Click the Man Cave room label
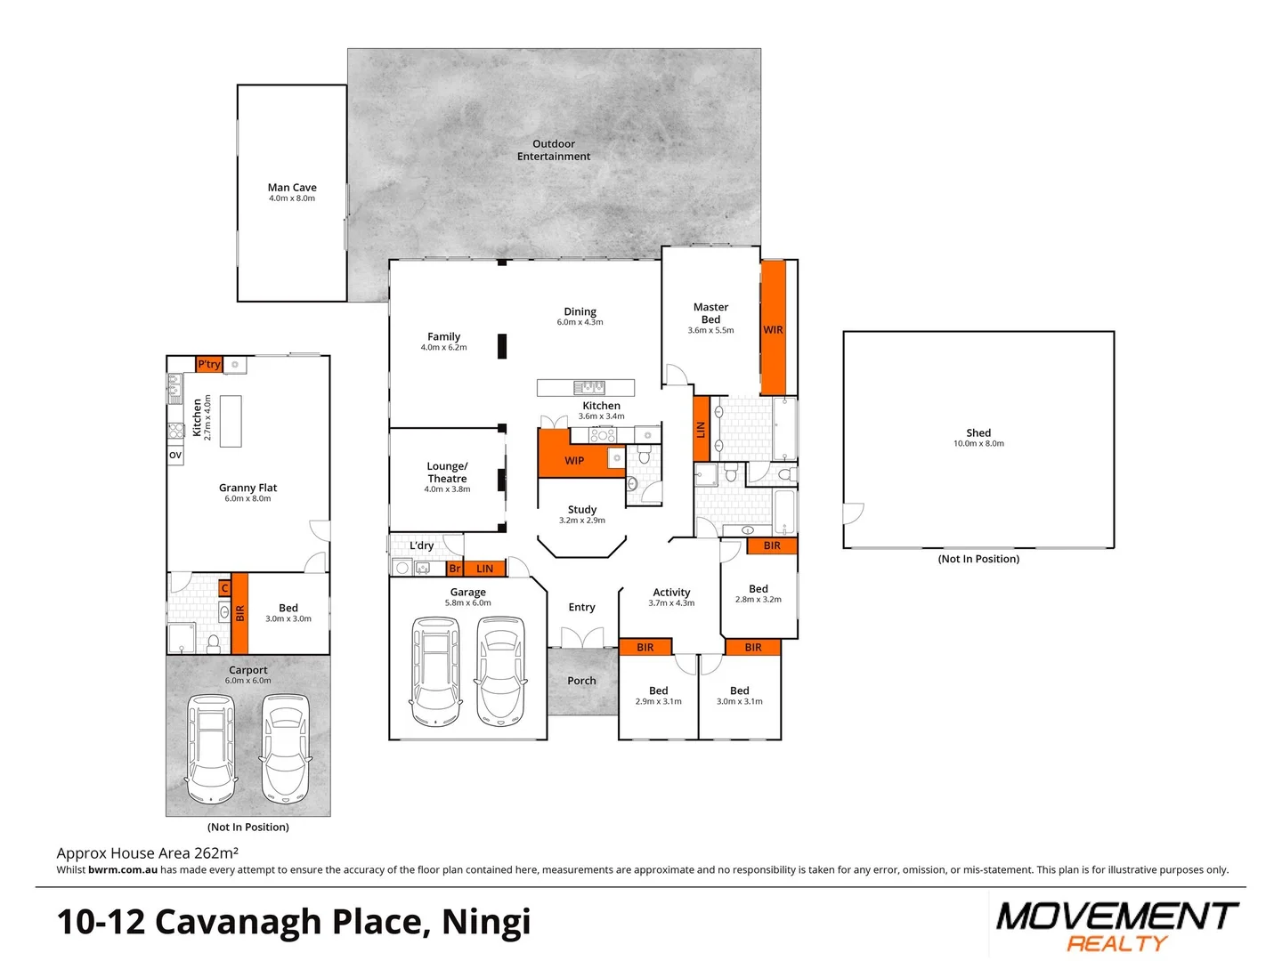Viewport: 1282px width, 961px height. click(292, 188)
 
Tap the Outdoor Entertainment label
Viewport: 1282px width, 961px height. click(553, 149)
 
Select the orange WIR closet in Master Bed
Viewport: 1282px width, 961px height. click(773, 328)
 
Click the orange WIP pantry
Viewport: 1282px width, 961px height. click(573, 460)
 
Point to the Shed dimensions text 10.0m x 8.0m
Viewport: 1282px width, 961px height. click(978, 444)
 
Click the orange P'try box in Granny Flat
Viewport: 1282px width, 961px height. click(208, 364)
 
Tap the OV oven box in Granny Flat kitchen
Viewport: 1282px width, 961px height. click(175, 455)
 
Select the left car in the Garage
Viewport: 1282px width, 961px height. click(435, 673)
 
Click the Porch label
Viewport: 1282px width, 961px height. click(581, 681)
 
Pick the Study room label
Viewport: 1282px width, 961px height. click(582, 510)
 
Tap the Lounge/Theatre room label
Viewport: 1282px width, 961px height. click(447, 472)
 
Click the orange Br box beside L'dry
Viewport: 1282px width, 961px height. click(454, 569)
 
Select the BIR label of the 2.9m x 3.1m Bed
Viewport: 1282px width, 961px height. click(645, 647)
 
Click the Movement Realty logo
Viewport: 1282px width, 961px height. click(1116, 925)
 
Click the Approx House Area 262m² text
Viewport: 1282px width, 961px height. click(147, 853)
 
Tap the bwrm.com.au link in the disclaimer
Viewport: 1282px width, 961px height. click(123, 870)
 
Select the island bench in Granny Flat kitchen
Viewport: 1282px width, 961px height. click(231, 421)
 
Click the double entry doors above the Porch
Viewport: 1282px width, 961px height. click(581, 637)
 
